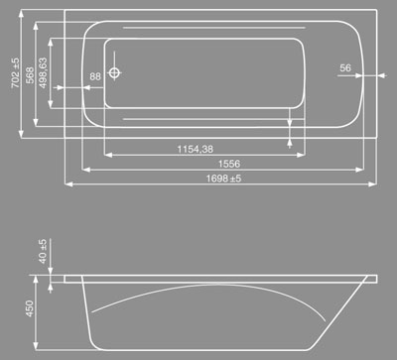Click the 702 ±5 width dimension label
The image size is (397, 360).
(16, 73)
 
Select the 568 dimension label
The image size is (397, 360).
(30, 75)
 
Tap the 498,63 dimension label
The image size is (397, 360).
(43, 73)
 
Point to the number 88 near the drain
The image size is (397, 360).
(95, 76)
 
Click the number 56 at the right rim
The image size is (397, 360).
(345, 67)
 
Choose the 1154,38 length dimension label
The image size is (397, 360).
(196, 149)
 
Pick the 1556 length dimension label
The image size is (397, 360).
(229, 164)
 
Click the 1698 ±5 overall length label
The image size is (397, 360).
(223, 179)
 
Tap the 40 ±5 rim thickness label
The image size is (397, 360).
(43, 251)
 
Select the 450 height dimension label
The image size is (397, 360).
(30, 308)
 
